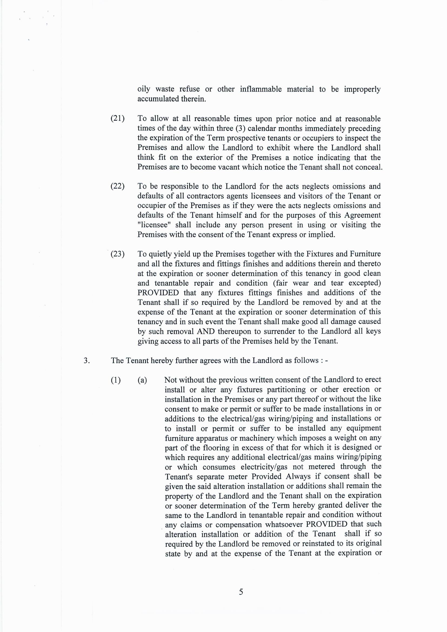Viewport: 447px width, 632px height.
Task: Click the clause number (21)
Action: point(118,119)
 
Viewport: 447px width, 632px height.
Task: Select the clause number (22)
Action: point(118,186)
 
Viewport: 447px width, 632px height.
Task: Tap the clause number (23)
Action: point(118,254)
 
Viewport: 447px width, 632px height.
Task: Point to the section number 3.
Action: point(87,361)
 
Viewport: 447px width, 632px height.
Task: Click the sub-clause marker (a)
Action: point(142,380)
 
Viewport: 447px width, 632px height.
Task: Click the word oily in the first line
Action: point(144,89)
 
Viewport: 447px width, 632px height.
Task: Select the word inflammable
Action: point(261,89)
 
